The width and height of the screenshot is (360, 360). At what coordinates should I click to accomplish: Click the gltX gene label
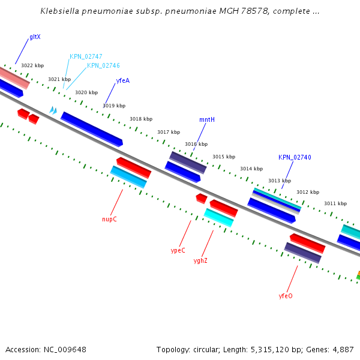point(35,37)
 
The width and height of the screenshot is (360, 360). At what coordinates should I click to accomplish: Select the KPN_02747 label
point(86,56)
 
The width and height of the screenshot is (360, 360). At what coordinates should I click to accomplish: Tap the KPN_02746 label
point(103,66)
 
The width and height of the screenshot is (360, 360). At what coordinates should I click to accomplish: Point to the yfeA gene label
point(122,80)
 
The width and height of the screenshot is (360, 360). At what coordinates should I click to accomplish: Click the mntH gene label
point(207,120)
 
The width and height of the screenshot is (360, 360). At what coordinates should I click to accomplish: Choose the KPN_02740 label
point(295,157)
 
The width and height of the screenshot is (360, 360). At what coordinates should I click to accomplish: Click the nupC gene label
point(109,219)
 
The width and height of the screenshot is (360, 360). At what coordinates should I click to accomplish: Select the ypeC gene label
point(178,250)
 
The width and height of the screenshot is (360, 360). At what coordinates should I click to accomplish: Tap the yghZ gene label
point(200,260)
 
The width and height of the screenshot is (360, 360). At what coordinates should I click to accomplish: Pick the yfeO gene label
point(286,296)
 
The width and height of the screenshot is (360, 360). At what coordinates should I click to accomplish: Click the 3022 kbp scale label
point(32,65)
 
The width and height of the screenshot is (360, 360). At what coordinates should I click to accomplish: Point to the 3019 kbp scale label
point(114,106)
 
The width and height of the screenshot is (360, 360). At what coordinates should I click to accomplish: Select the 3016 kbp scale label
point(196,144)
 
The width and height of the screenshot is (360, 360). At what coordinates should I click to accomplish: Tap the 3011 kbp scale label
point(335,203)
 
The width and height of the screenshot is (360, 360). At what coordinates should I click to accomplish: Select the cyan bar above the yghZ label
point(218,218)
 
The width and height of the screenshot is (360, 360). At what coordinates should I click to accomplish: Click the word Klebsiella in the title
point(61,11)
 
